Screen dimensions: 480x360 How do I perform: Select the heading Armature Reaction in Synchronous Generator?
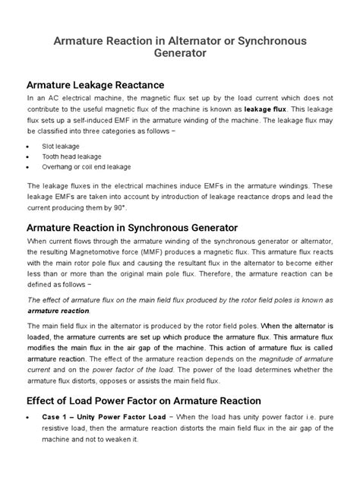pyautogui.click(x=133, y=227)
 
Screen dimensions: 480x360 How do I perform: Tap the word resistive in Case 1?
pyautogui.click(x=47, y=428)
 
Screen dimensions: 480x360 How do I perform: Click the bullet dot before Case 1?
pyautogui.click(x=29, y=418)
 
